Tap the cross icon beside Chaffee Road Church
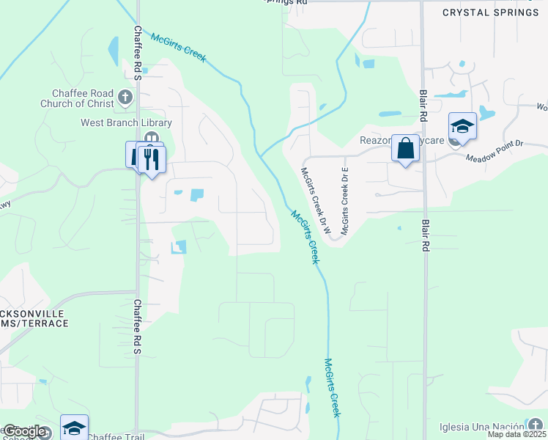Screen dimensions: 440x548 click(x=125, y=97)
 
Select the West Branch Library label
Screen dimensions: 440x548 click(x=126, y=122)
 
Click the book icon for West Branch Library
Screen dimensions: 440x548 click(x=151, y=138)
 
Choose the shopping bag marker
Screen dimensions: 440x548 click(x=404, y=149)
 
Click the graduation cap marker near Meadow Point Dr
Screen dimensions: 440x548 click(x=462, y=127)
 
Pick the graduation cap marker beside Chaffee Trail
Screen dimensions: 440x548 click(x=74, y=428)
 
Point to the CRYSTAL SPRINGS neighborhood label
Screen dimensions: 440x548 click(x=490, y=12)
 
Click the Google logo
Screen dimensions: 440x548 click(x=25, y=432)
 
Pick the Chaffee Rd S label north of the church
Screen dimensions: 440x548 click(x=137, y=54)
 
